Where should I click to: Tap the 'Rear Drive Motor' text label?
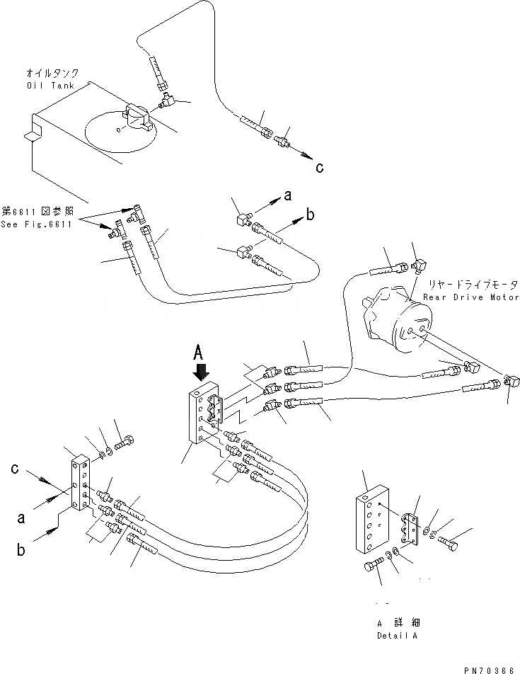pyautogui.click(x=470, y=297)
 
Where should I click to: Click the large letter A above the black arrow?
pyautogui.click(x=200, y=350)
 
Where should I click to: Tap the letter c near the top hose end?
pyautogui.click(x=319, y=167)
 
